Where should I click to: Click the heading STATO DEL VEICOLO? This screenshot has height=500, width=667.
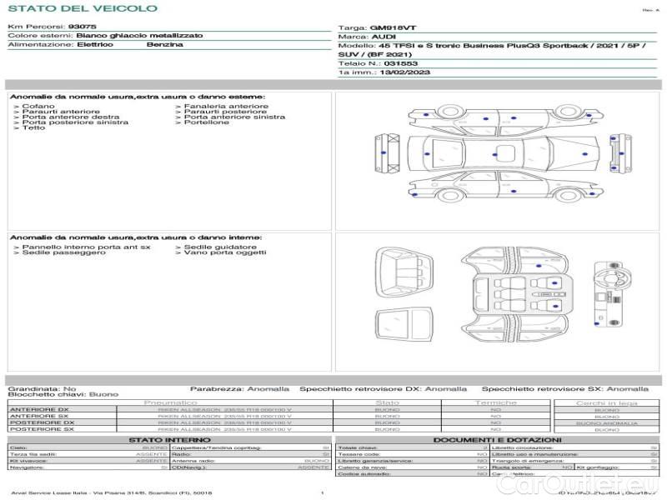82,8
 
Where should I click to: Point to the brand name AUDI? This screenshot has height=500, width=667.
384,37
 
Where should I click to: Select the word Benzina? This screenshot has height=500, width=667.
164,44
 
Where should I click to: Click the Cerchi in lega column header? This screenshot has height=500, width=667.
606,402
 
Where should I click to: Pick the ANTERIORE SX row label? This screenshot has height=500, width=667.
38,416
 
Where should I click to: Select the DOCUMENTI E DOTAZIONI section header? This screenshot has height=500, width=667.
497,439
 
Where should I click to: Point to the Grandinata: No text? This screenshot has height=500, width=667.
42,388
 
